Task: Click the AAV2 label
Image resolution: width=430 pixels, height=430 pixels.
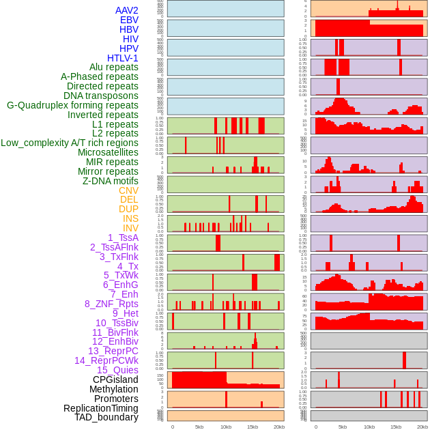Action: pyautogui.click(x=127, y=10)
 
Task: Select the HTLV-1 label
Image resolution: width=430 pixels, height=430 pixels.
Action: pyautogui.click(x=123, y=58)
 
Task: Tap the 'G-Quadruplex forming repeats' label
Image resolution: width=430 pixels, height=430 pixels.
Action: pyautogui.click(x=72, y=105)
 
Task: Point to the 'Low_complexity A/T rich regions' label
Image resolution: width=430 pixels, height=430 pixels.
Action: pyautogui.click(x=70, y=143)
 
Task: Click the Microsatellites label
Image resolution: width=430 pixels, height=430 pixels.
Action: pyautogui.click(x=108, y=152)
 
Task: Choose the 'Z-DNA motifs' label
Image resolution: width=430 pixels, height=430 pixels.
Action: pyautogui.click(x=111, y=181)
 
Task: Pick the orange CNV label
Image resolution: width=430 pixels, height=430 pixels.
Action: pyautogui.click(x=128, y=190)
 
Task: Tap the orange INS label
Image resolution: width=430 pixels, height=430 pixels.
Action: pyautogui.click(x=130, y=218)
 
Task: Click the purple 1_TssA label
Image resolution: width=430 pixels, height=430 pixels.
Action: pyautogui.click(x=123, y=238)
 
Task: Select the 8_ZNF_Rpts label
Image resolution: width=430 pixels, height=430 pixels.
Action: pyautogui.click(x=111, y=304)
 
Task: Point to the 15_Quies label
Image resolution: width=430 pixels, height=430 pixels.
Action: pyautogui.click(x=117, y=370)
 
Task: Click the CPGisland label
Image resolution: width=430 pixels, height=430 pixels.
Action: pyautogui.click(x=115, y=379)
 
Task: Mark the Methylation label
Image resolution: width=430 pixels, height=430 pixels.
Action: pyautogui.click(x=114, y=389)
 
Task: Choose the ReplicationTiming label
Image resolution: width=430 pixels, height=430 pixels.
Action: pyautogui.click(x=101, y=408)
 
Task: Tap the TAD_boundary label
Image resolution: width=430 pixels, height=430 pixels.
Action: pyautogui.click(x=106, y=417)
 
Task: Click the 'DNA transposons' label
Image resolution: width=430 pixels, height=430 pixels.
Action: pyautogui.click(x=101, y=96)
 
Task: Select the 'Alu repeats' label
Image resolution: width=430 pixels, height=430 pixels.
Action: pyautogui.click(x=114, y=67)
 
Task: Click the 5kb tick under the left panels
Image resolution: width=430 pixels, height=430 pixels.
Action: pyautogui.click(x=199, y=427)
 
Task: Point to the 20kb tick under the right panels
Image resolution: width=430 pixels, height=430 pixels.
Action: pyautogui.click(x=422, y=427)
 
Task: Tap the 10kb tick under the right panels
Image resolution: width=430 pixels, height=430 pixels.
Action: pyautogui.click(x=369, y=427)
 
